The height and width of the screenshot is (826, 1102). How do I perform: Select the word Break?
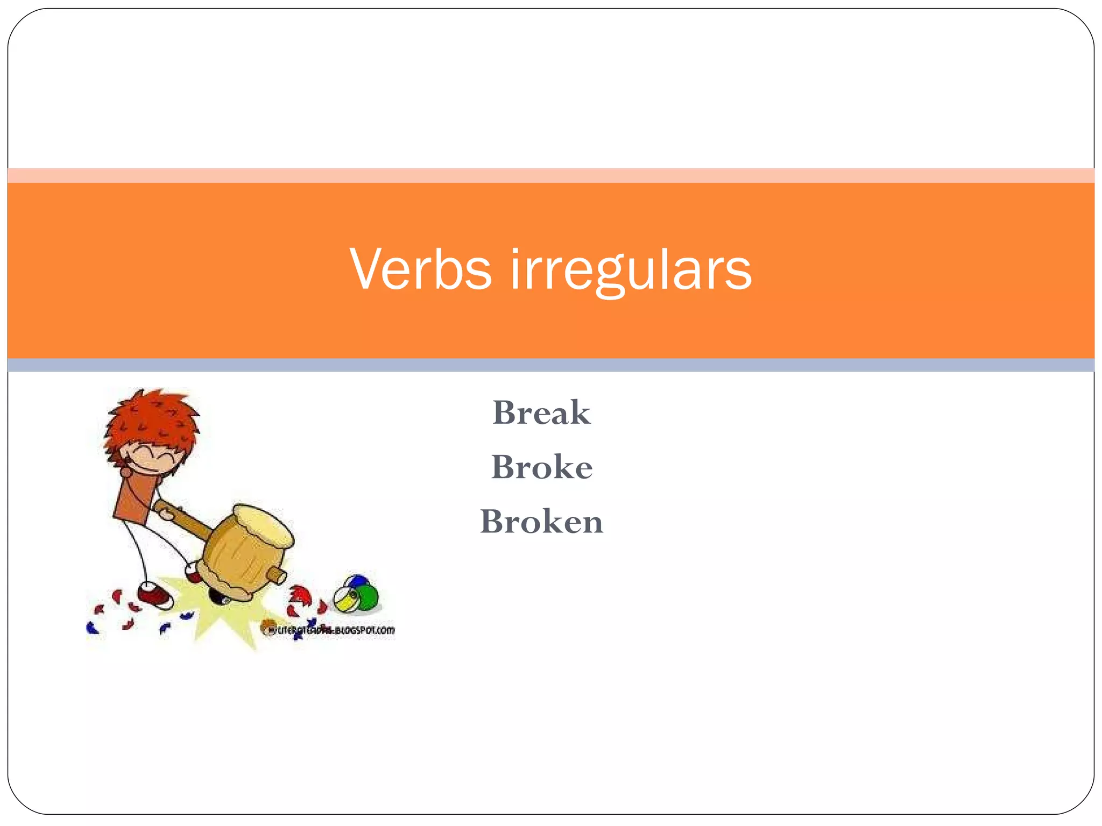[x=541, y=413]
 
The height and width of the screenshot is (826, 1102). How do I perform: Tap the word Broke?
[x=541, y=467]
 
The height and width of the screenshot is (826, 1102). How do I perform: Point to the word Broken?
[x=541, y=521]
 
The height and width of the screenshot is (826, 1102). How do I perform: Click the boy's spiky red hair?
[x=153, y=419]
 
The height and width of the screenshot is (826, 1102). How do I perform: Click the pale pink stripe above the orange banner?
[x=551, y=175]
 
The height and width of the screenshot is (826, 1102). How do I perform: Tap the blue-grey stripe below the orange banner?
[x=551, y=365]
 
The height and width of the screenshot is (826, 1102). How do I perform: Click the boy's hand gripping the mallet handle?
[x=167, y=514]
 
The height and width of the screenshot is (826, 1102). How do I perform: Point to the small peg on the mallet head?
[x=278, y=575]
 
